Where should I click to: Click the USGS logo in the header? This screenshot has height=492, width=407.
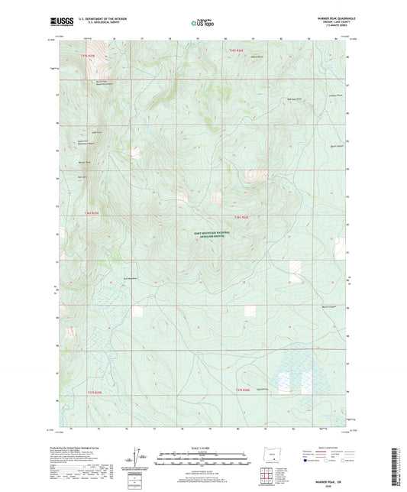point(61,22)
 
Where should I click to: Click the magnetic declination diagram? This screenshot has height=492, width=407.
point(140,461)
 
